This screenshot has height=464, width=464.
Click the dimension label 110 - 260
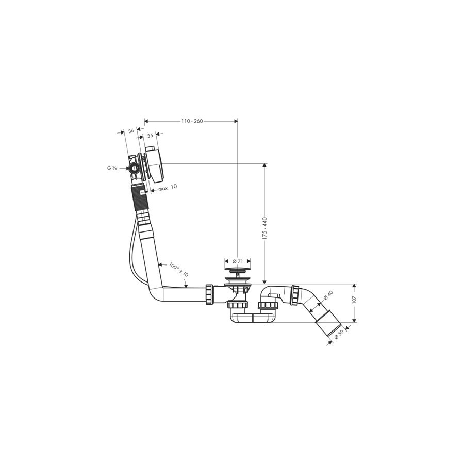(192, 121)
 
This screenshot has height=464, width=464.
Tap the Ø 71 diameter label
(238, 261)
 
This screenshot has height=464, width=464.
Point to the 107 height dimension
(354, 299)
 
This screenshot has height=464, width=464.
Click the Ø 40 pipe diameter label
(328, 295)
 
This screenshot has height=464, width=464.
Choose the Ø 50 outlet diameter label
(339, 335)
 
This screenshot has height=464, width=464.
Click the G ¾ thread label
(112, 168)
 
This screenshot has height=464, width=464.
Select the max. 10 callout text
(168, 188)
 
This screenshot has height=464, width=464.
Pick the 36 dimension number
(131, 130)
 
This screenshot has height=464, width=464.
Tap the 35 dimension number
(150, 136)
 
